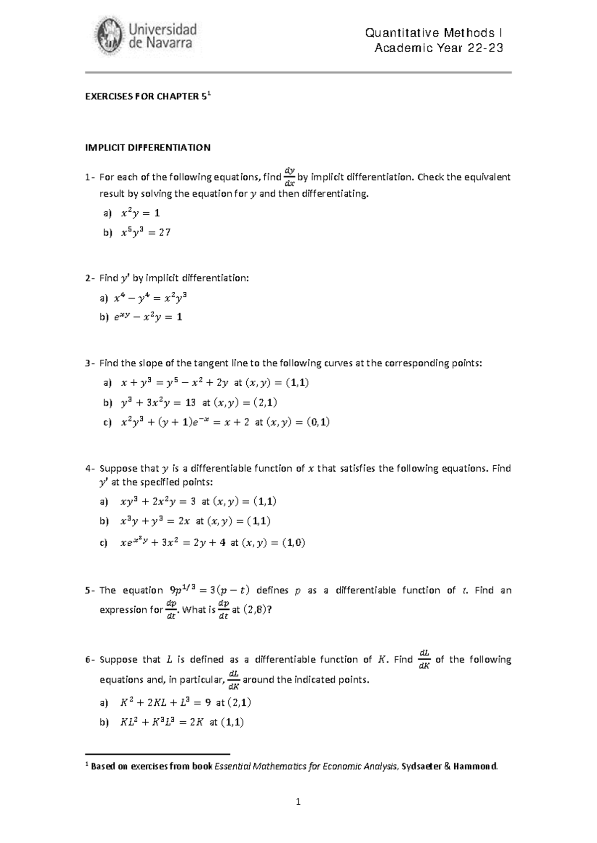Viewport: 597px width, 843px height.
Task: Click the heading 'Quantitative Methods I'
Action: pos(433,33)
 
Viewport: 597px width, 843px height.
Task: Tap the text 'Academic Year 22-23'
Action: pos(439,48)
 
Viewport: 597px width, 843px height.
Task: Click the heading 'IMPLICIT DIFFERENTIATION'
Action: pos(148,148)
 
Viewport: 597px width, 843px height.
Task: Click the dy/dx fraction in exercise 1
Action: pos(289,177)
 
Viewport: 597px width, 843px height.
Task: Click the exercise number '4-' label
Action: pos(90,469)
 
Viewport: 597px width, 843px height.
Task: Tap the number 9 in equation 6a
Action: pos(207,703)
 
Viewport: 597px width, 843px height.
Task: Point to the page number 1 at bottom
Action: pos(298,801)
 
